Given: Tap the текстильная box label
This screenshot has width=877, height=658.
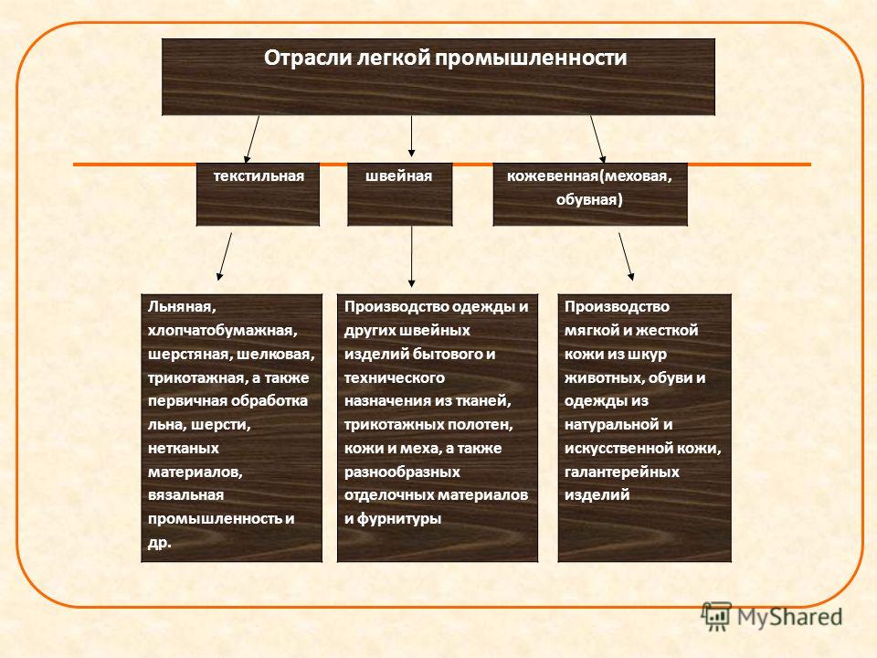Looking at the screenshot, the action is [x=259, y=176].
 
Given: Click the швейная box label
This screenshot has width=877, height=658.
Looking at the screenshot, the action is [x=399, y=176].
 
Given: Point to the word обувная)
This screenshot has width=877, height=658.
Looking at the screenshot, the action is [x=589, y=200].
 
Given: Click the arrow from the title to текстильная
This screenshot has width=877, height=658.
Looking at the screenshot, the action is [x=252, y=139].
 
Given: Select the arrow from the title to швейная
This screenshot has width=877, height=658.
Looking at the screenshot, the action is [x=412, y=136].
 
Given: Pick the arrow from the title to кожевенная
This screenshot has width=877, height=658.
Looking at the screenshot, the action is [x=597, y=139].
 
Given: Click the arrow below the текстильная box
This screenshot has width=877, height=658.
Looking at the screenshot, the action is [x=224, y=256].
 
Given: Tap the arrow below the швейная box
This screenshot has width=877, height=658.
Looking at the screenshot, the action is [x=412, y=257].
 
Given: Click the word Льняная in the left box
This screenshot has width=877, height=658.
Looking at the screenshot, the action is [x=182, y=307].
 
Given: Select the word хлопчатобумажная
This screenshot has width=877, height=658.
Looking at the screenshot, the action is [x=222, y=331].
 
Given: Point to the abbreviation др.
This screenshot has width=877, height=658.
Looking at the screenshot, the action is [x=160, y=543].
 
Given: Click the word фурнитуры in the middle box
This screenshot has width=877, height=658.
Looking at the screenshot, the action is [x=399, y=519].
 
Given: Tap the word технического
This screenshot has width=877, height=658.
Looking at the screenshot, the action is [x=395, y=378].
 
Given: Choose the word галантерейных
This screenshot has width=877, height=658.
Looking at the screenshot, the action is [x=621, y=472].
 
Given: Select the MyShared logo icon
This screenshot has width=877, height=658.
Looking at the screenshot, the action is [x=716, y=616].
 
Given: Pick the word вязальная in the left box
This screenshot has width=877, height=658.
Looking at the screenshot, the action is [x=185, y=495].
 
